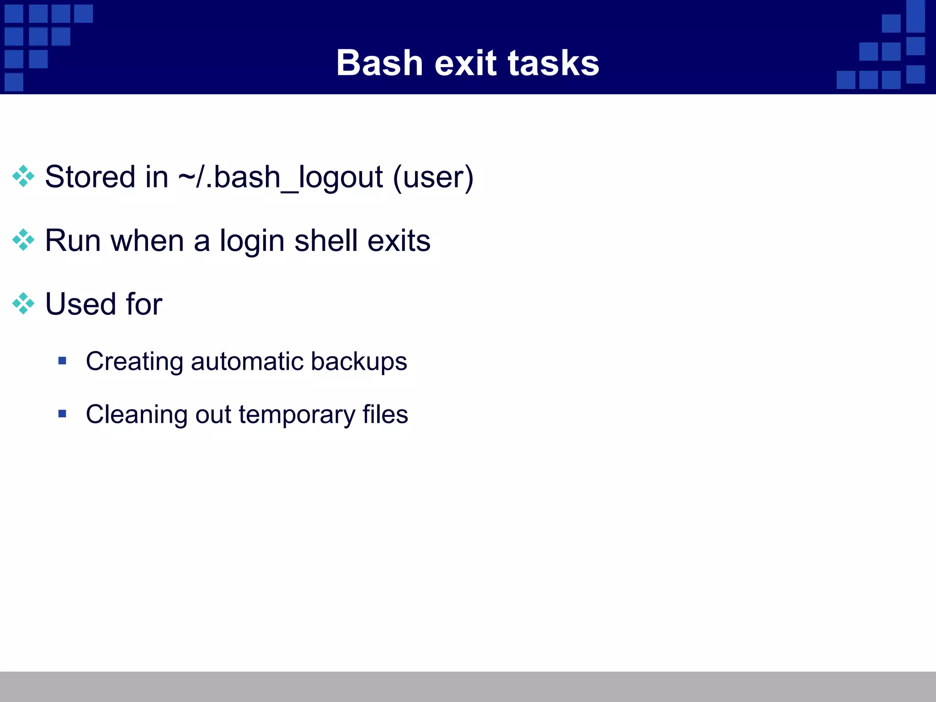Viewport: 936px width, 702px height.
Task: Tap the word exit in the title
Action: pos(465,63)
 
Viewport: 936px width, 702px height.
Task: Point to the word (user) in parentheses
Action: pos(433,177)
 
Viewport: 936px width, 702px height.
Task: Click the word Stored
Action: pos(90,177)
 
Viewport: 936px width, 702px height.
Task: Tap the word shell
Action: pos(326,241)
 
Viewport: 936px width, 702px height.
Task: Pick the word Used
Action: pos(80,304)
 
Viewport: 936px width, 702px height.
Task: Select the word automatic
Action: pos(247,362)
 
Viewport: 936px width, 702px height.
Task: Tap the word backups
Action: pos(359,362)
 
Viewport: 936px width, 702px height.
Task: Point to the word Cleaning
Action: pos(136,415)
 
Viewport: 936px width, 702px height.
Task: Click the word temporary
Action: pos(297,415)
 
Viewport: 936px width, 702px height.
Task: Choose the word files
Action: pos(385,415)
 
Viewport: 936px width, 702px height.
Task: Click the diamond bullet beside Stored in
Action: pos(23,176)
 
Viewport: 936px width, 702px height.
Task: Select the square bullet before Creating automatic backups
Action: pos(63,361)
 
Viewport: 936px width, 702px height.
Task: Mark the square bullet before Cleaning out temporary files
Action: pos(63,414)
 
